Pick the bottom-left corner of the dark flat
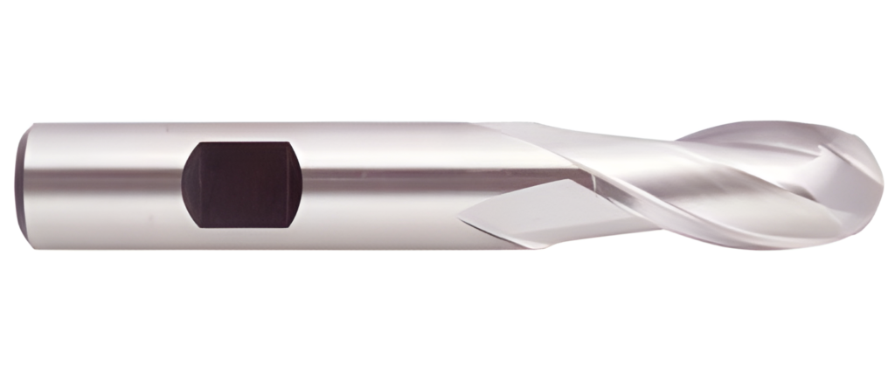tap(199, 225)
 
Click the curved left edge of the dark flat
tap(183, 183)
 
